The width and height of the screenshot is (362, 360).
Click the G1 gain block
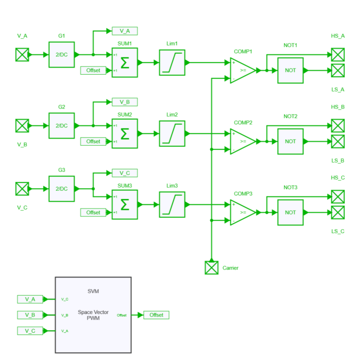(x=62, y=54)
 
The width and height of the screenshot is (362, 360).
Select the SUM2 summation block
(x=125, y=133)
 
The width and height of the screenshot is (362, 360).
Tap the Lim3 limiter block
(x=172, y=204)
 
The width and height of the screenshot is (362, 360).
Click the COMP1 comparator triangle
(x=242, y=70)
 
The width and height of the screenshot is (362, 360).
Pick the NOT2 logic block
(x=290, y=141)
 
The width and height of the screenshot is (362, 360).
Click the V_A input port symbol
(x=22, y=54)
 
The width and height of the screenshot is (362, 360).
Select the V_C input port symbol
(x=22, y=189)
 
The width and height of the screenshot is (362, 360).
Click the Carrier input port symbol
(x=211, y=268)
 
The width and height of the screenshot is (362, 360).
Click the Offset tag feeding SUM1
(x=93, y=70)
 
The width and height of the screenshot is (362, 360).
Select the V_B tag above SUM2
(x=125, y=102)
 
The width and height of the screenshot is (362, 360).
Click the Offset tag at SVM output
(x=156, y=315)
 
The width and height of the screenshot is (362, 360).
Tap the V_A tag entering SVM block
(x=30, y=299)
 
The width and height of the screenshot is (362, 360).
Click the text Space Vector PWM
(x=93, y=315)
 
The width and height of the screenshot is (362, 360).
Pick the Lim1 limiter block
(x=172, y=62)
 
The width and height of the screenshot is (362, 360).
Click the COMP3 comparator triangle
(x=242, y=212)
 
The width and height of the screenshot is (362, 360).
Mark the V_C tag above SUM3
(x=125, y=173)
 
